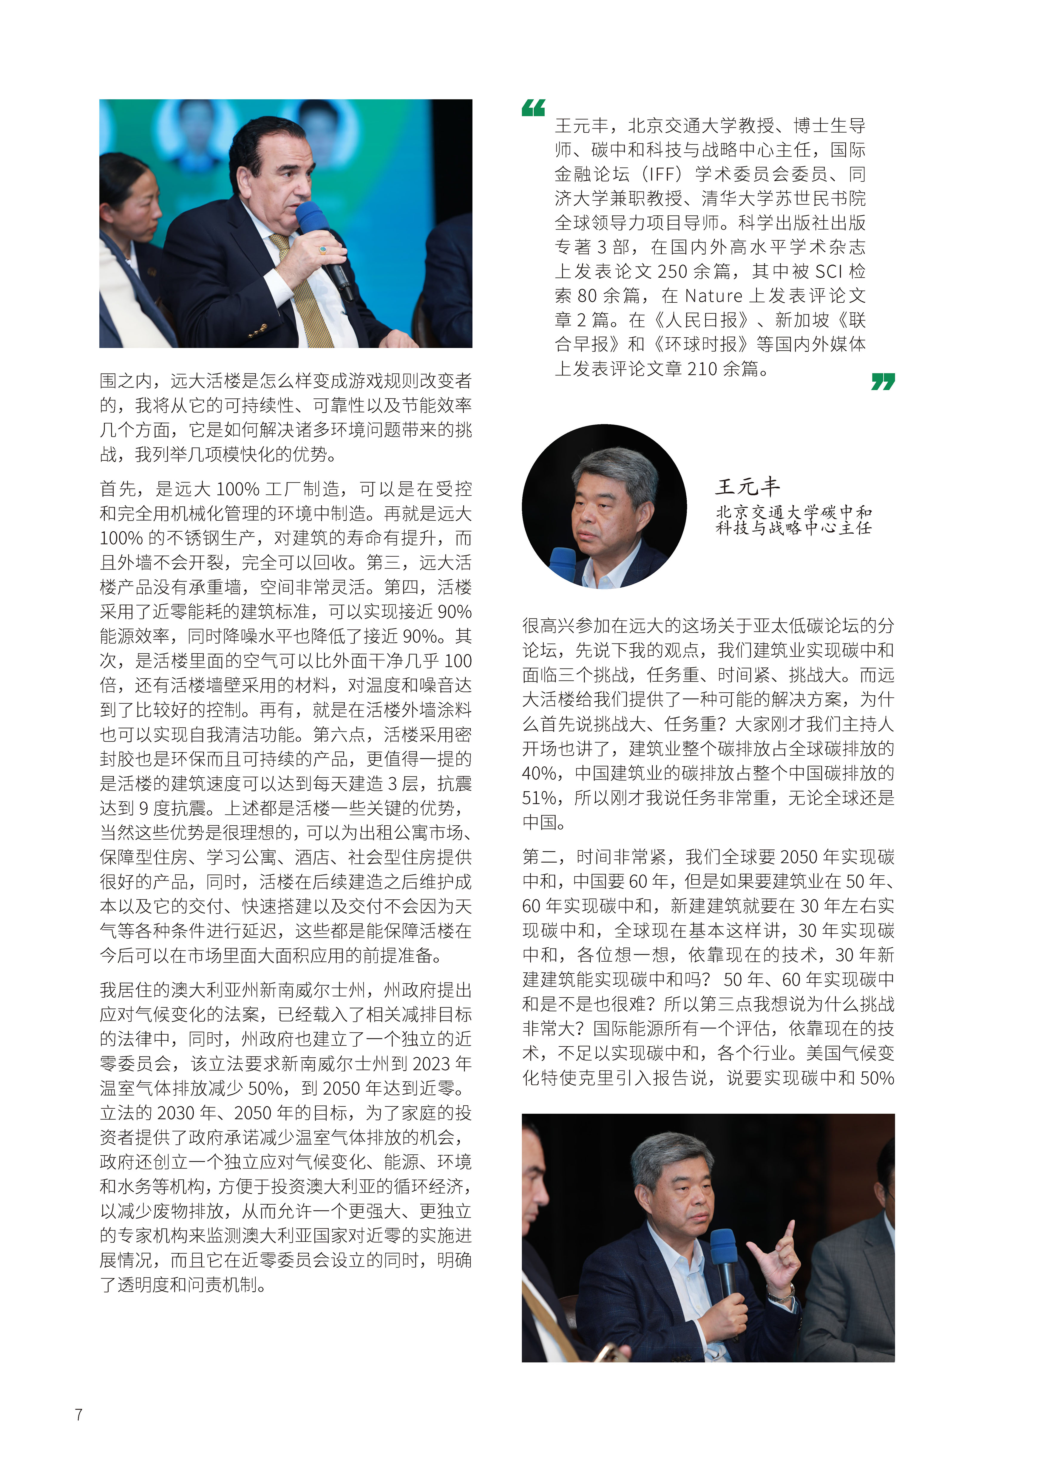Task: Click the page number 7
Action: point(78,1414)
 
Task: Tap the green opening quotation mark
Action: point(533,108)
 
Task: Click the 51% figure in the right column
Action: point(539,798)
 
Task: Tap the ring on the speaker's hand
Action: point(322,249)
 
